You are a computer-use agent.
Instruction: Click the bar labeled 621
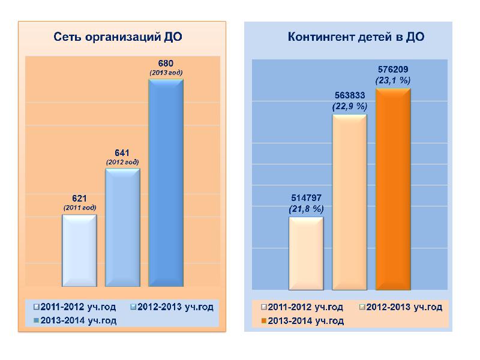click(x=80, y=251)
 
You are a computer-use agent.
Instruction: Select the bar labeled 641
click(x=122, y=228)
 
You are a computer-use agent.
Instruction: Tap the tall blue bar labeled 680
click(x=166, y=183)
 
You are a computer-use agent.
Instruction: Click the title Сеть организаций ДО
click(x=118, y=37)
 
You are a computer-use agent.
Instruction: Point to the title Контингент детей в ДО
click(x=356, y=37)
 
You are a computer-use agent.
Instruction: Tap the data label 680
click(x=166, y=63)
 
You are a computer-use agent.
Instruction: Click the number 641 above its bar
click(x=122, y=153)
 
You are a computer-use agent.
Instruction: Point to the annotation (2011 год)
click(x=80, y=208)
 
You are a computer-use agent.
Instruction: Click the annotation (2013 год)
click(x=166, y=72)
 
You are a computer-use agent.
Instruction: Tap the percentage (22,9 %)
click(x=350, y=106)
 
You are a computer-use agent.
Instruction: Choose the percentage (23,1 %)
click(x=393, y=80)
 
